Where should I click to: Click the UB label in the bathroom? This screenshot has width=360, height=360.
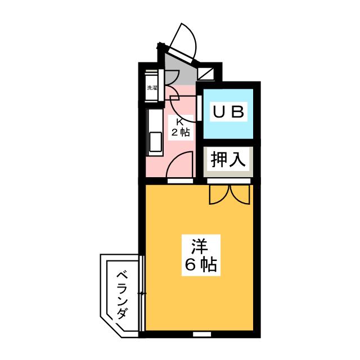point(228,112)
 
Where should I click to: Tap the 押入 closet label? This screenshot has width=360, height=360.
point(228,160)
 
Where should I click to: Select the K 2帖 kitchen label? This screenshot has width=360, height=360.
point(180,128)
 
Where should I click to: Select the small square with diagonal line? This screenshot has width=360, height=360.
point(206,72)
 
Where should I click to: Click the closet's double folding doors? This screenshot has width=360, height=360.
point(228,194)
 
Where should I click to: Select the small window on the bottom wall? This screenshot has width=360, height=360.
point(199,334)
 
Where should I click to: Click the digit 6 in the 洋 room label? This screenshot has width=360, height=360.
point(190,265)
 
